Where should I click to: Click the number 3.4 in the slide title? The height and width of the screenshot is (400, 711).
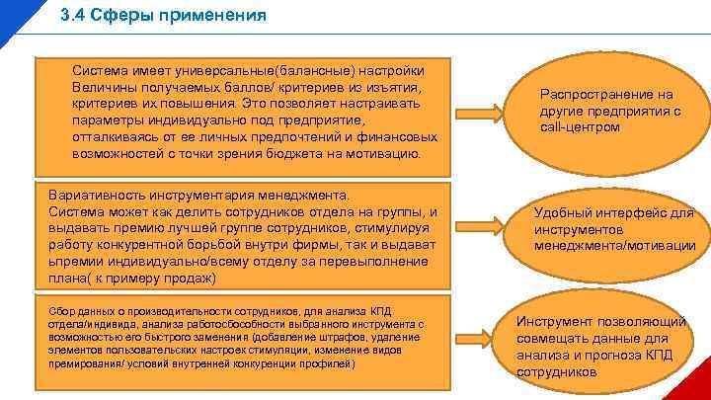click(73, 16)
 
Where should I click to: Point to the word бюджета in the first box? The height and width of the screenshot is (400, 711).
click(292, 154)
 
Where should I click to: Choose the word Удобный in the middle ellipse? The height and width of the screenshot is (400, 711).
click(570, 212)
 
